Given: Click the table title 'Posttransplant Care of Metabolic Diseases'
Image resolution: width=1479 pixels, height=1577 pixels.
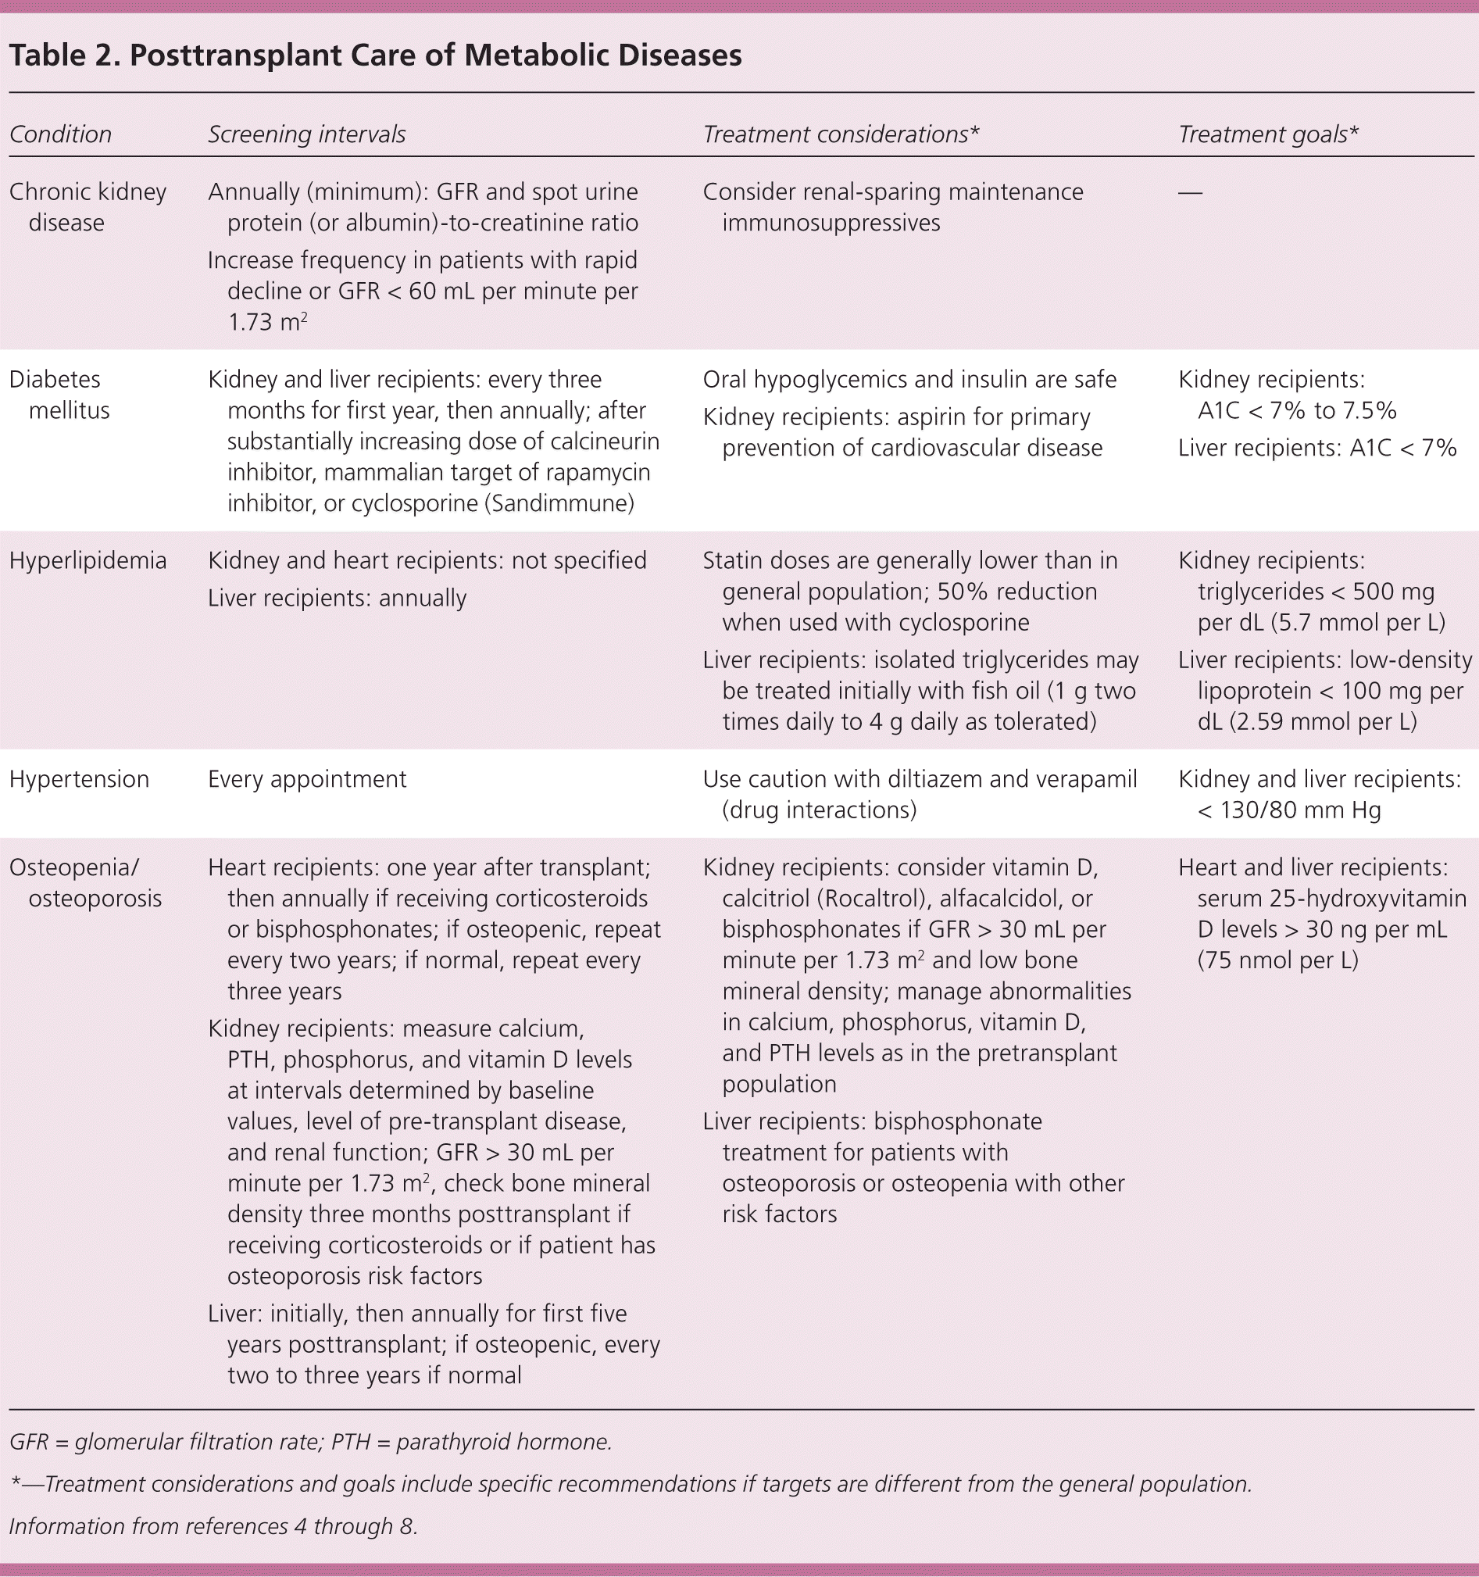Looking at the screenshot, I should coord(435,56).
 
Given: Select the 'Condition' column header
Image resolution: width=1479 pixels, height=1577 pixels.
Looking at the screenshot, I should coord(60,135).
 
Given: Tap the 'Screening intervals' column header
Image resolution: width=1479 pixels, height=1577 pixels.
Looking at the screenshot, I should coord(306,135).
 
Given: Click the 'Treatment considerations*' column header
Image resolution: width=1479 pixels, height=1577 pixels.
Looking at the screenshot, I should coord(841,135).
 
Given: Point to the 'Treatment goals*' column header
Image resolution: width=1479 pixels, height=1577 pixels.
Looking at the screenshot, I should coord(1267,135).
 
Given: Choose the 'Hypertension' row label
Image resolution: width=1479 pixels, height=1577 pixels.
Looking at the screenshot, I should coord(78,779).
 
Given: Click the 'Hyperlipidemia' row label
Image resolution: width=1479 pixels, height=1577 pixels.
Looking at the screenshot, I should coord(88,561).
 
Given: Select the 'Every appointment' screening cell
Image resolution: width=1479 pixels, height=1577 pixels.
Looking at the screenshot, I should coord(307,779).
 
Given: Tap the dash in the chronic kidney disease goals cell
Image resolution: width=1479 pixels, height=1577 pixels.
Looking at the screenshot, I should coord(1190,193).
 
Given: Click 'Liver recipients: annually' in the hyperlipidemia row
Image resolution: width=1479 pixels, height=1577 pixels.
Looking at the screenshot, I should coord(336,598).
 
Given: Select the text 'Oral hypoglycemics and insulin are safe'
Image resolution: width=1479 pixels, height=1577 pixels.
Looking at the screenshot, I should coord(909,380).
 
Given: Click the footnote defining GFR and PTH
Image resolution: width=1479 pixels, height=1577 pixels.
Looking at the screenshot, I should coord(310,1441).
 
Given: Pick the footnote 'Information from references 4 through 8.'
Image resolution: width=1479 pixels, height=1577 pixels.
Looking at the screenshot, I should coord(213,1525).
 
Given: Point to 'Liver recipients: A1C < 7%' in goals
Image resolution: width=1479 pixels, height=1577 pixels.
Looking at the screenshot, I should coord(1316,449).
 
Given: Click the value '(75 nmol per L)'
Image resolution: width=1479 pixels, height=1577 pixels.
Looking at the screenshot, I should coord(1277,960).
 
